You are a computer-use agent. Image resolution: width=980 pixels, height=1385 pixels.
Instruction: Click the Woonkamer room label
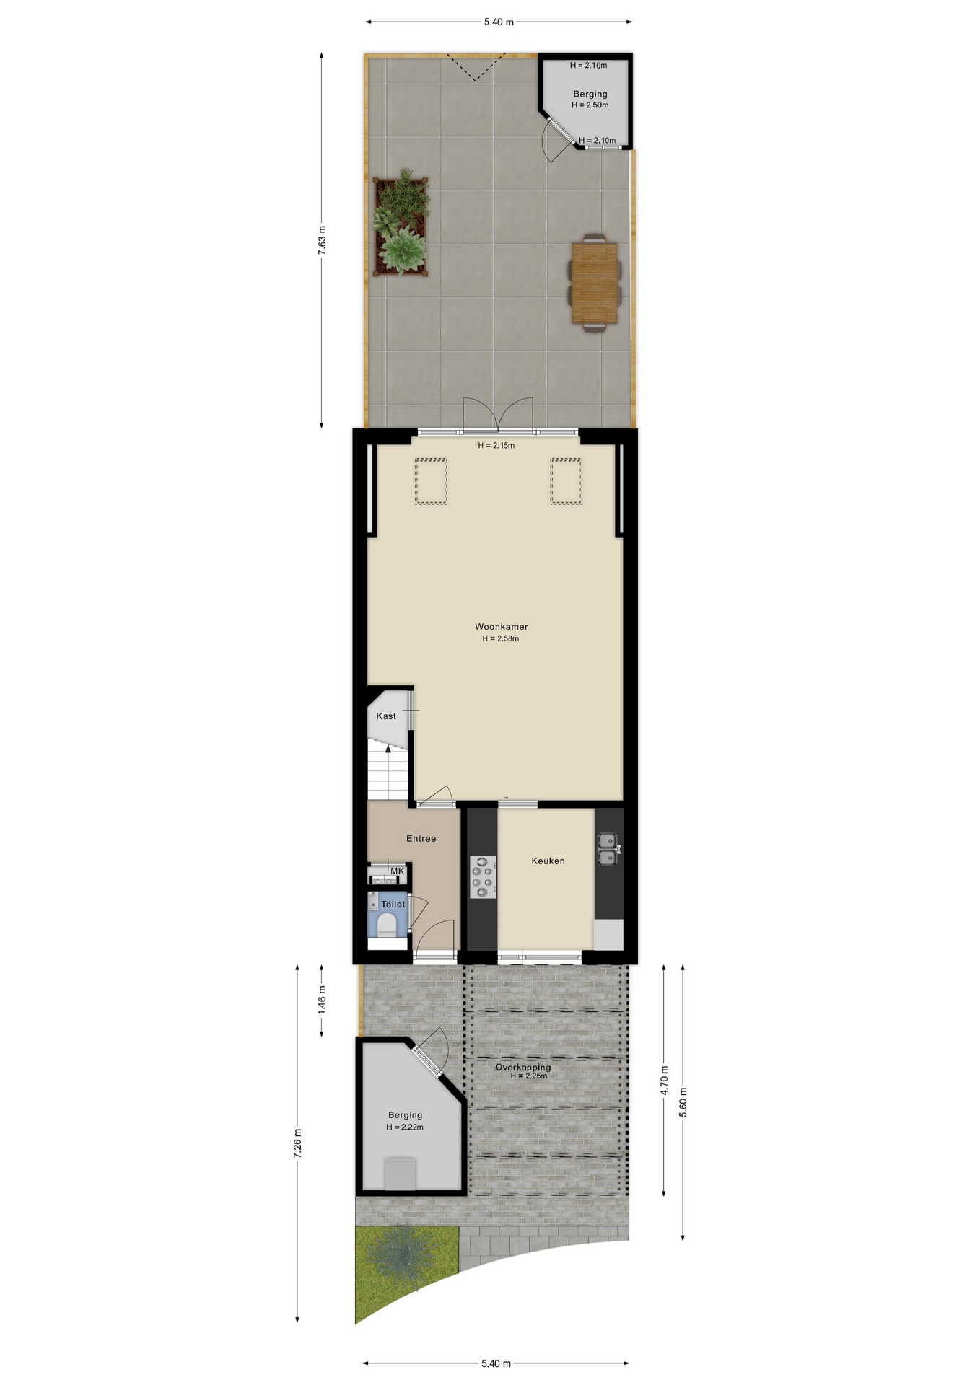click(501, 627)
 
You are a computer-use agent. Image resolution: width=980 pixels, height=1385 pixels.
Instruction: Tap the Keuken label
click(548, 861)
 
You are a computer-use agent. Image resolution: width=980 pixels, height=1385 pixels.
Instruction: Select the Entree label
click(421, 838)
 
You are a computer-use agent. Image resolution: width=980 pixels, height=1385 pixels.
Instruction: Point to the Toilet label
click(393, 904)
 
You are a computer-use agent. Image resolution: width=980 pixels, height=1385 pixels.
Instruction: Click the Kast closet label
click(386, 716)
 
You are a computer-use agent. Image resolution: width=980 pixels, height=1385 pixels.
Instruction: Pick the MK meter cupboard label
click(397, 871)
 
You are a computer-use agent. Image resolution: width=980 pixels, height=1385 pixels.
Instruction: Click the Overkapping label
click(522, 1067)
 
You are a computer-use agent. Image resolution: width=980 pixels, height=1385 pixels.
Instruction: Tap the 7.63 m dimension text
click(322, 239)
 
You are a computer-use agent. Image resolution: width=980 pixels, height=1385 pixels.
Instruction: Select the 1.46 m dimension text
click(322, 1000)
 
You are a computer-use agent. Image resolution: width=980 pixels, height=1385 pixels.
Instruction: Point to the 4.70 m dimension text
click(664, 1080)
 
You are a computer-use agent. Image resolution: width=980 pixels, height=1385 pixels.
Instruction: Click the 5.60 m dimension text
click(683, 1102)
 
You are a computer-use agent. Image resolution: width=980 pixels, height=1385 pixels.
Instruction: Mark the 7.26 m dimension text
click(297, 1143)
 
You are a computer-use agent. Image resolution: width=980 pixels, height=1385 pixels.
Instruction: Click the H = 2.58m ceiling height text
click(501, 638)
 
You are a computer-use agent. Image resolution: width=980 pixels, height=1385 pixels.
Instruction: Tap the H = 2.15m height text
click(496, 445)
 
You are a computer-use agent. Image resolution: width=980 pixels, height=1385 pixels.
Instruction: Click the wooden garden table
click(595, 283)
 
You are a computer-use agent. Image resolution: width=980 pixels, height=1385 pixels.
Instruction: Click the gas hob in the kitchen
click(483, 876)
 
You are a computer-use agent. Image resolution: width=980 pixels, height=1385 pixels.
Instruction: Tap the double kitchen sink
click(607, 849)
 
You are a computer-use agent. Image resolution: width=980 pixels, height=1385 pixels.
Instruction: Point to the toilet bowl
click(387, 925)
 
